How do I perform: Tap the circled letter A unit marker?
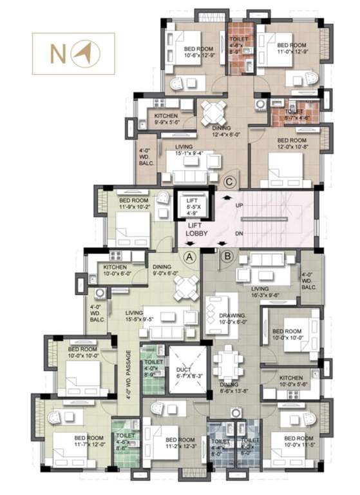pyautogui.click(x=189, y=256)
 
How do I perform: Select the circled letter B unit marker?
pyautogui.click(x=226, y=256)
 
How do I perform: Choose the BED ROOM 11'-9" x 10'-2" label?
pyautogui.click(x=133, y=204)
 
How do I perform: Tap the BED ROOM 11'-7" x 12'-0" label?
pyautogui.click(x=71, y=441)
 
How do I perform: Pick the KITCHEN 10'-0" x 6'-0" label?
pyautogui.click(x=116, y=270)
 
